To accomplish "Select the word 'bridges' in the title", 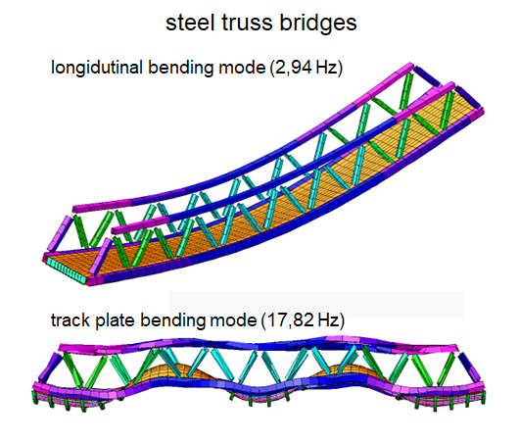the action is click(x=318, y=24).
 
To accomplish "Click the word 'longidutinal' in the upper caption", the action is click(x=97, y=68).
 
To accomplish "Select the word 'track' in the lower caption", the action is click(x=71, y=320).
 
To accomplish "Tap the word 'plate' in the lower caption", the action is click(x=116, y=320).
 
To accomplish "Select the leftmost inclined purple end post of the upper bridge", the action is click(x=60, y=233).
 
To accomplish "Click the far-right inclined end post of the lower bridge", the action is click(x=469, y=367).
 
